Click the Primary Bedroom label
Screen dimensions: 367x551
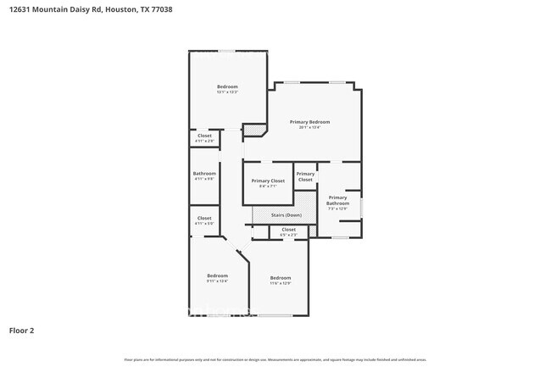pos(309,122)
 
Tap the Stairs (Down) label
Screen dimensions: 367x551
pos(286,215)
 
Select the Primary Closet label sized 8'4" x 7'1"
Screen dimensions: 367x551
pos(268,181)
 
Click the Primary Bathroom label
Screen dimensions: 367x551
pos(337,200)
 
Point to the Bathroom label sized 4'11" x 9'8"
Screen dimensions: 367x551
pos(204,174)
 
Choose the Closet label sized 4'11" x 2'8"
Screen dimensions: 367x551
pos(204,136)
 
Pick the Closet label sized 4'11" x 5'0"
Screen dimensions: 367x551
pos(204,218)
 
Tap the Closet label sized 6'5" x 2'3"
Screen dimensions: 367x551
pos(288,229)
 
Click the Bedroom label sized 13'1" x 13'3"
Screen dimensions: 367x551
pos(227,86)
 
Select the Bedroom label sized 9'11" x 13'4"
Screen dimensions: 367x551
pos(217,275)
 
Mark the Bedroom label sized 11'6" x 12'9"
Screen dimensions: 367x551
pos(281,278)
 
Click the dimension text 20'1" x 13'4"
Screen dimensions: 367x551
pos(309,128)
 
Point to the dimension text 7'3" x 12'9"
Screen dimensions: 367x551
pos(337,209)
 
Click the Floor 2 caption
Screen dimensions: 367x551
pos(21,331)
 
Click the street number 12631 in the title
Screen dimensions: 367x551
pos(21,9)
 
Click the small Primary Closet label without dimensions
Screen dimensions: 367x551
pos(305,177)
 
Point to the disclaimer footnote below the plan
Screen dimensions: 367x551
pos(275,359)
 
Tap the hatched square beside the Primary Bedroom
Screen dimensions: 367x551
pos(253,131)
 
